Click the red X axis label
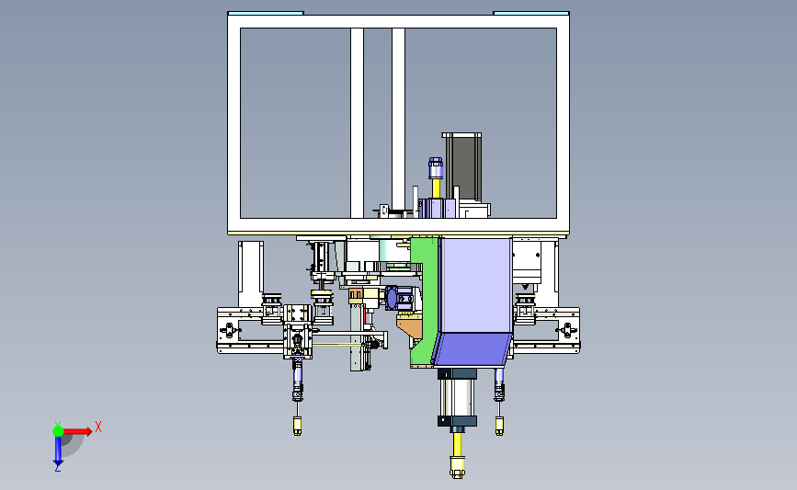[98, 427]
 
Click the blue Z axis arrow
[58, 450]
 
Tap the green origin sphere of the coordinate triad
[58, 431]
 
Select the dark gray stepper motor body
[463, 167]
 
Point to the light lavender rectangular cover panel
[476, 285]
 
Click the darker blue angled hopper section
[472, 349]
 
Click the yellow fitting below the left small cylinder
[297, 426]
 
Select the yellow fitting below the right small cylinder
[500, 426]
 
